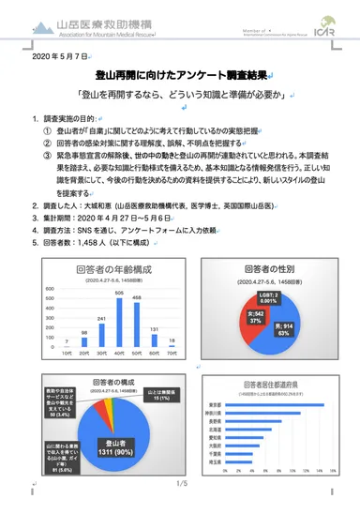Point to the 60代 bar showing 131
click(155, 349)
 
